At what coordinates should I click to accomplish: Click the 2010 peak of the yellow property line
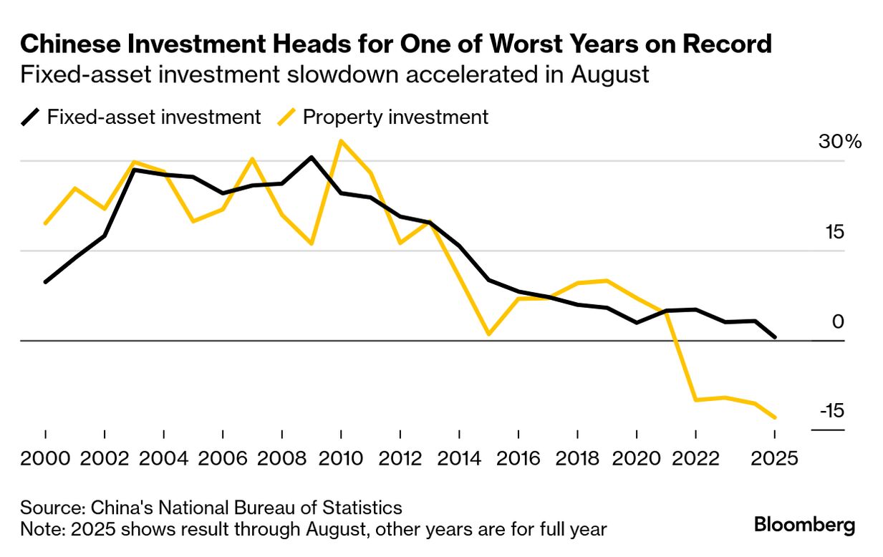[x=341, y=141]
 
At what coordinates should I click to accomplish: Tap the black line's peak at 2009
[x=312, y=157]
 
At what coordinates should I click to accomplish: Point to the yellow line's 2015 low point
[x=488, y=334]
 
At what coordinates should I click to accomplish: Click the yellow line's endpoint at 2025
[x=775, y=417]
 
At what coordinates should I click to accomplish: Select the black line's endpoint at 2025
[x=775, y=336]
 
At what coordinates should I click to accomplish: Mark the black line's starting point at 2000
[x=45, y=282]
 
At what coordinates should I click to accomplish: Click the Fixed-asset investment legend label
[x=153, y=117]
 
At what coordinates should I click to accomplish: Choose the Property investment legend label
[x=395, y=117]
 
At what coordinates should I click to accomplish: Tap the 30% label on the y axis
[x=840, y=142]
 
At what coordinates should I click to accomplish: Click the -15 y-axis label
[x=831, y=411]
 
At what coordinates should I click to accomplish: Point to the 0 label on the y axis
[x=838, y=321]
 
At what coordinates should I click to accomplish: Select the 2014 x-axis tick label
[x=459, y=458]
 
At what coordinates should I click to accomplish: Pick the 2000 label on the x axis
[x=46, y=458]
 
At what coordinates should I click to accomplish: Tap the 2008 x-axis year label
[x=282, y=458]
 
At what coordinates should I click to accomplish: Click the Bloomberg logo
[x=804, y=525]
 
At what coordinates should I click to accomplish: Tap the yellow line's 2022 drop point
[x=695, y=399]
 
